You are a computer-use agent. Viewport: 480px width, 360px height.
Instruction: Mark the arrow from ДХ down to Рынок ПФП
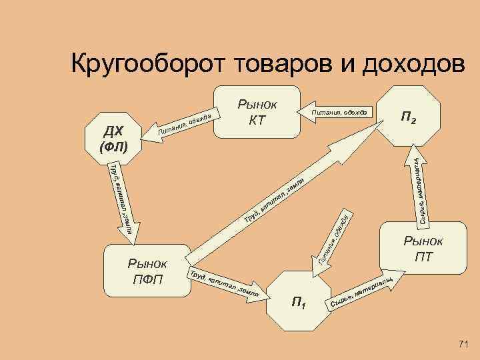click(121, 200)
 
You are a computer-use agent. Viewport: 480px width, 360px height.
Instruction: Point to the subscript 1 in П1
click(304, 307)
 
